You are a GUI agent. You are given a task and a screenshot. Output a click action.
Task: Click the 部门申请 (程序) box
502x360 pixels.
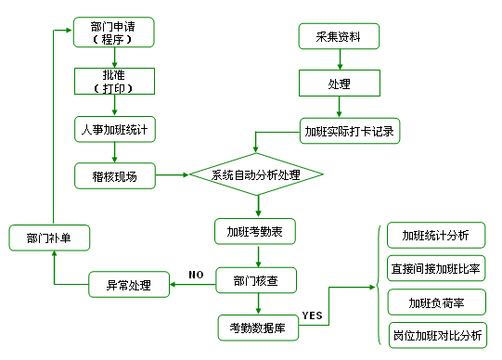click(113, 32)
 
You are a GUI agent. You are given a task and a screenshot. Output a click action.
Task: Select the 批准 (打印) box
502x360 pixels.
click(113, 82)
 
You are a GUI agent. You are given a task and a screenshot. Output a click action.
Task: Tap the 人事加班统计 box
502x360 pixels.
click(113, 129)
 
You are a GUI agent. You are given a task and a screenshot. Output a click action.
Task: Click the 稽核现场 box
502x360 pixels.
click(113, 175)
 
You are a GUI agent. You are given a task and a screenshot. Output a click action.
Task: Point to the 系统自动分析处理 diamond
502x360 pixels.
click(256, 174)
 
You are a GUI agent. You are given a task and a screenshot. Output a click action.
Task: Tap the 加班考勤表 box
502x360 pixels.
click(255, 231)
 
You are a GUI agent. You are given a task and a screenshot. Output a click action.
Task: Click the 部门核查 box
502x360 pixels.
click(255, 280)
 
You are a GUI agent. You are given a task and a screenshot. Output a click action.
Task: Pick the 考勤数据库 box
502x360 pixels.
click(255, 327)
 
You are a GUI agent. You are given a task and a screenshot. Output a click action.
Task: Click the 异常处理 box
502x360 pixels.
click(129, 284)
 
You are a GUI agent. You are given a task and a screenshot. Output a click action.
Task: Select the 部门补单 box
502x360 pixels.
click(50, 238)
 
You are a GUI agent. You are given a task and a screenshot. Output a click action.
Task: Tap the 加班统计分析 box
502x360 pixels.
click(435, 235)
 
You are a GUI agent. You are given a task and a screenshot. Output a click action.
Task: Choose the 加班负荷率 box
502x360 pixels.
click(435, 302)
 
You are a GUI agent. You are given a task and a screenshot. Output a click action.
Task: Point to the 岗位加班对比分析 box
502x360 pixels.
click(435, 334)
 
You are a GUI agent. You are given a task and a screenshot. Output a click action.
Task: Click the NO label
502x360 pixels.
click(195, 275)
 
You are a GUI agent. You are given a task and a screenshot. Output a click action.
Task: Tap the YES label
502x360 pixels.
click(313, 315)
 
